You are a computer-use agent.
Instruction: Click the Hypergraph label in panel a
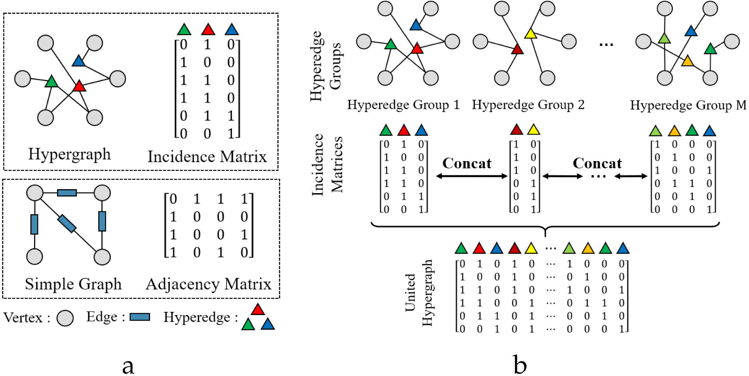69,154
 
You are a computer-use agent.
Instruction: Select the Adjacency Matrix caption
209,284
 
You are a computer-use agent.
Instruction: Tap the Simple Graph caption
73,284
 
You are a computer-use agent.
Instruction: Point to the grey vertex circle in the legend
65,318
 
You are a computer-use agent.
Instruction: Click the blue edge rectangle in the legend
140,317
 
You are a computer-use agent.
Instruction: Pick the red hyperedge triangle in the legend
258,310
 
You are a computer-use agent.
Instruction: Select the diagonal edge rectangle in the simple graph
67,223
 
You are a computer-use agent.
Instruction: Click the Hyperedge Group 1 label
403,105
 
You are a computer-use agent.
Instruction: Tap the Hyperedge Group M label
688,105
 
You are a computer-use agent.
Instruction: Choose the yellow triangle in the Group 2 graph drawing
530,34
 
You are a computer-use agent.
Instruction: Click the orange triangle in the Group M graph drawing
688,61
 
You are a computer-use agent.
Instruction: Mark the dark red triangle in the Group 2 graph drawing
517,50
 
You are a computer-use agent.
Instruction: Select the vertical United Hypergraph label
418,293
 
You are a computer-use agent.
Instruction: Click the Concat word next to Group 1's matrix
467,163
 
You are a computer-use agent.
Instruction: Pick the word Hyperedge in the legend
197,317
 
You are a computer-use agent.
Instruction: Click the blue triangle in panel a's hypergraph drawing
79,61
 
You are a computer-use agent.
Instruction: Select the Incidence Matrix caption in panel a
207,157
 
